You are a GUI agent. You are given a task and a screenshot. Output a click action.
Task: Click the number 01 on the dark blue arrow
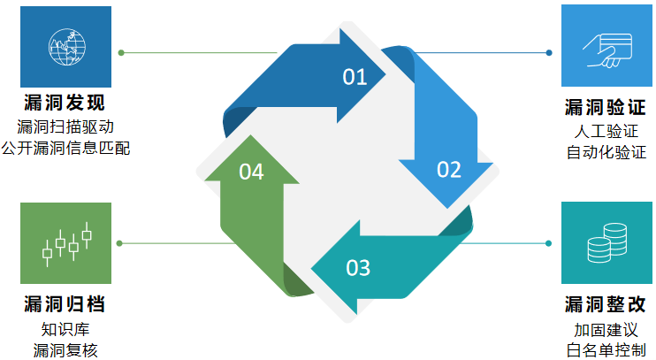(355, 77)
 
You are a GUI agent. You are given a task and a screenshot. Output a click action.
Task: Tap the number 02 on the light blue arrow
(449, 169)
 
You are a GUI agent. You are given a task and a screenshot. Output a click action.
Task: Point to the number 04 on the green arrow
(251, 172)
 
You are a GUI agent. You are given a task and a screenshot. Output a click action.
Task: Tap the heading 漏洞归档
(65, 305)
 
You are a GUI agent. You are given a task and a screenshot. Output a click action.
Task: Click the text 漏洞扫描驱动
(65, 126)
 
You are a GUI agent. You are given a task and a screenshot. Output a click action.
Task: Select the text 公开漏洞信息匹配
(65, 148)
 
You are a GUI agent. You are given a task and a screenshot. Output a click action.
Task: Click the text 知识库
(65, 329)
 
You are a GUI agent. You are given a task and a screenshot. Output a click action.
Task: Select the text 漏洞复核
(65, 349)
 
